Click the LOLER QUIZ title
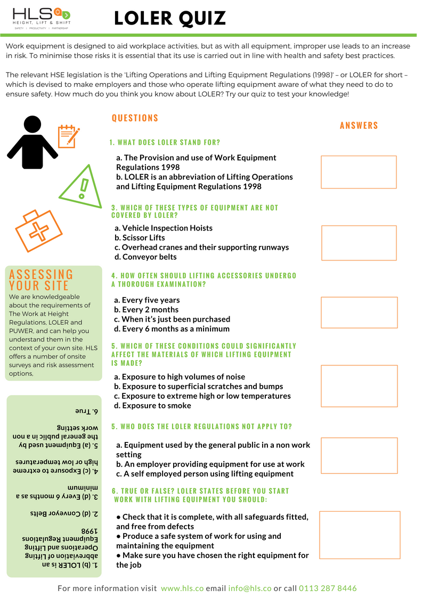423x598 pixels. pyautogui.click(x=170, y=19)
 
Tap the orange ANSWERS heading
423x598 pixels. pyautogui.click(x=359, y=126)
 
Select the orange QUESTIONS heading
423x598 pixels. pyautogui.click(x=135, y=118)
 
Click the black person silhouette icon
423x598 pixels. pyautogui.click(x=32, y=138)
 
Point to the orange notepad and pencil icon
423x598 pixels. pyautogui.click(x=68, y=135)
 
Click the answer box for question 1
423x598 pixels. pyautogui.click(x=359, y=172)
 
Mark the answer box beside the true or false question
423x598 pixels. pyautogui.click(x=359, y=535)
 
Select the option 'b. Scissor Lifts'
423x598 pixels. pyautogui.click(x=140, y=237)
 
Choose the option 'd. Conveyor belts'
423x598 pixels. pyautogui.click(x=145, y=257)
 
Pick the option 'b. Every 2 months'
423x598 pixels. pyautogui.click(x=147, y=309)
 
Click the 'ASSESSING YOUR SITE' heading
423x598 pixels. pyautogui.click(x=41, y=280)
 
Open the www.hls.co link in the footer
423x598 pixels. pyautogui.click(x=182, y=588)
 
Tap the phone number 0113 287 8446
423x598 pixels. pyautogui.click(x=328, y=588)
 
